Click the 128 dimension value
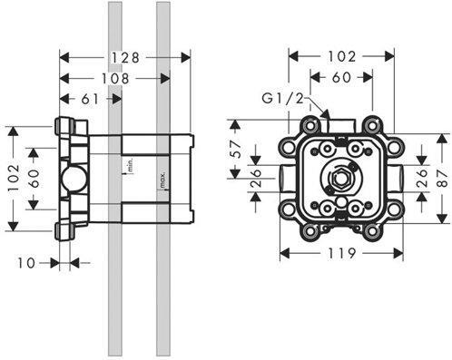coord(125,57)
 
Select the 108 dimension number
coord(115,79)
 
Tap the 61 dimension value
coord(90,99)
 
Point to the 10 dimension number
coord(26,263)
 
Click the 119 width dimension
coord(342,253)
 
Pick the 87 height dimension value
coord(444,179)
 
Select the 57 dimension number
coord(236,149)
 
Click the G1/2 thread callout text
coord(282,99)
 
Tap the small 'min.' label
coord(131,165)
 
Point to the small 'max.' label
coord(163,180)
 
